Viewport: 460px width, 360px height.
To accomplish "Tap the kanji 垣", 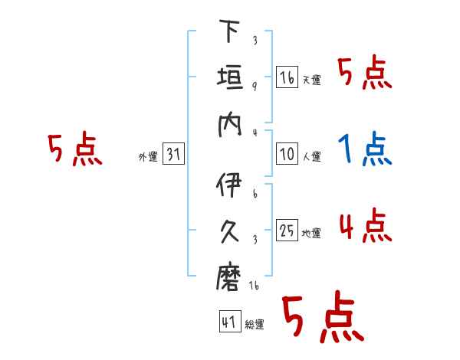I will (x=230, y=79).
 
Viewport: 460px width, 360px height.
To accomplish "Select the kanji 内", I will (x=230, y=125).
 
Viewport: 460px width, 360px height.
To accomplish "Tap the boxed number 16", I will (x=287, y=77).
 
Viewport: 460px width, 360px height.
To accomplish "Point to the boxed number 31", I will (x=173, y=155).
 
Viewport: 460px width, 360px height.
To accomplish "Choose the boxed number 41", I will (x=228, y=322).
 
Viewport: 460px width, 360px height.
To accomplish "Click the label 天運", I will (x=312, y=80).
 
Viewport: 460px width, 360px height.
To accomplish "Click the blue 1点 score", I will (x=365, y=150).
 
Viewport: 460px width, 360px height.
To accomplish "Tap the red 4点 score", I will (x=365, y=226).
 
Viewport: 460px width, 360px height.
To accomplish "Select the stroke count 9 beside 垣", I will (x=254, y=86).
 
